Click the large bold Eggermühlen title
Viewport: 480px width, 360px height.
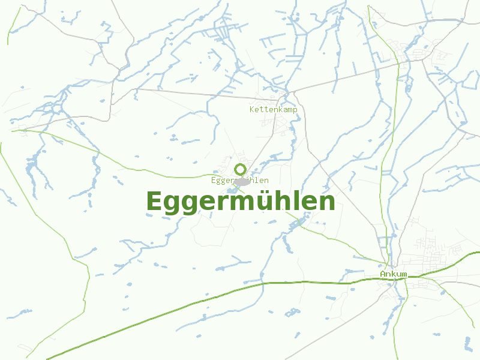240,202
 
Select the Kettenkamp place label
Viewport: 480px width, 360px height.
273,110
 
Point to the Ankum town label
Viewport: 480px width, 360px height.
393,274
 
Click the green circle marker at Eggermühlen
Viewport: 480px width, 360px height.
241,169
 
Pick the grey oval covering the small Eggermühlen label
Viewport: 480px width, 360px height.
242,181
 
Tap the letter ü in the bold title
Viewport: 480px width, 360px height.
264,202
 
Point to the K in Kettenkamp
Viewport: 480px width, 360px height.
252,110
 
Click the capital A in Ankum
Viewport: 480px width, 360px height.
382,274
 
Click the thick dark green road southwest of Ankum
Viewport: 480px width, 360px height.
180,306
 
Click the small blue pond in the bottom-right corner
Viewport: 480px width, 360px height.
467,343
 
